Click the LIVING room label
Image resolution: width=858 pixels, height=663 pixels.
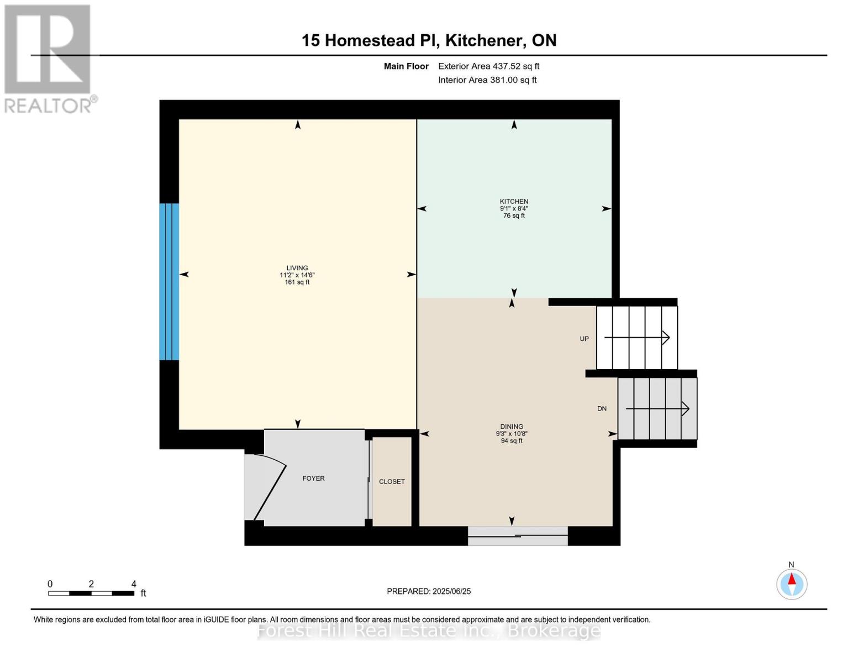297,269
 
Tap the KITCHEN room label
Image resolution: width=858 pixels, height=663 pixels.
514,202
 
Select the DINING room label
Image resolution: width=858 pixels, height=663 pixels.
511,427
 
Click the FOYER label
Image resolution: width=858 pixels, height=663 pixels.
313,478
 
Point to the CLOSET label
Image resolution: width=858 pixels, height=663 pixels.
392,482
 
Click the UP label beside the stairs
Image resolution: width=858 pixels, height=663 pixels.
584,339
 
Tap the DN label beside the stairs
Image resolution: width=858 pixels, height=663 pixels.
602,409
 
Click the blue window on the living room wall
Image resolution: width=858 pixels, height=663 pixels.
169,282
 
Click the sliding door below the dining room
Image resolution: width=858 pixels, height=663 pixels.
517,536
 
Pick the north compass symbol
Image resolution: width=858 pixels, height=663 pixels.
791,583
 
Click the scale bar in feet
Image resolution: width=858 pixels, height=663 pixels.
91,593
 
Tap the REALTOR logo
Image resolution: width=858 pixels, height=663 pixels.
48,58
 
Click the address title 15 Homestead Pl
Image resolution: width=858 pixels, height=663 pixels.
429,40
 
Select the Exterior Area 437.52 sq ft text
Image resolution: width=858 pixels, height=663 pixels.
488,66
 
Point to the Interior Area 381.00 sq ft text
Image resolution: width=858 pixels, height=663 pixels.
487,80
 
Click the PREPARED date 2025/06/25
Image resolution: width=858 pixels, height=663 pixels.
429,591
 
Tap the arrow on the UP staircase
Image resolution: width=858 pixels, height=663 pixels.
636,338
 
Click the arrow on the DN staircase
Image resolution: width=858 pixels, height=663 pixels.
657,409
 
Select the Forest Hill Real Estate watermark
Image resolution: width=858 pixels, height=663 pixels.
429,630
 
